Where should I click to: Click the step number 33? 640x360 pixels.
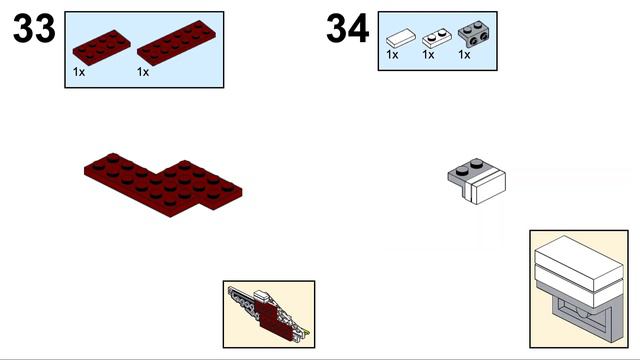click(x=34, y=28)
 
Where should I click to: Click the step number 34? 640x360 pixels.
click(x=348, y=28)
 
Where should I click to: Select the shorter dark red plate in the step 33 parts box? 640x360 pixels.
click(x=102, y=47)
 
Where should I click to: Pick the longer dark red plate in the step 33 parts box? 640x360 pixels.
click(x=177, y=43)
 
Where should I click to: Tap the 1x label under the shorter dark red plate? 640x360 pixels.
click(x=79, y=72)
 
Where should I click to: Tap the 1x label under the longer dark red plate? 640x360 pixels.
click(x=143, y=72)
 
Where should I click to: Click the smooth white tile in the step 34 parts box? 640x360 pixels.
click(x=401, y=38)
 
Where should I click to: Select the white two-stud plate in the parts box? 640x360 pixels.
click(x=437, y=38)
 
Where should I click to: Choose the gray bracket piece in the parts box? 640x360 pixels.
click(x=474, y=34)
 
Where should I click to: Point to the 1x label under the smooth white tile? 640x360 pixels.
click(x=392, y=55)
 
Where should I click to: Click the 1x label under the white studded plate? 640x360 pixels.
click(x=428, y=55)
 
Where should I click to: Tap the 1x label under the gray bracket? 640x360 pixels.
click(x=464, y=55)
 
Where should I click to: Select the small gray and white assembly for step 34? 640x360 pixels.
click(x=477, y=181)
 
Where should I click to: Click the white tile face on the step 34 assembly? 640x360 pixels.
click(x=488, y=188)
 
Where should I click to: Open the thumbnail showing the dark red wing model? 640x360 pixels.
click(x=269, y=314)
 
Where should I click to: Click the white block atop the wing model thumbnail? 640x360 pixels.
click(x=262, y=296)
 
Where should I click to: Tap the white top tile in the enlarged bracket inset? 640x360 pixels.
click(x=579, y=261)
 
